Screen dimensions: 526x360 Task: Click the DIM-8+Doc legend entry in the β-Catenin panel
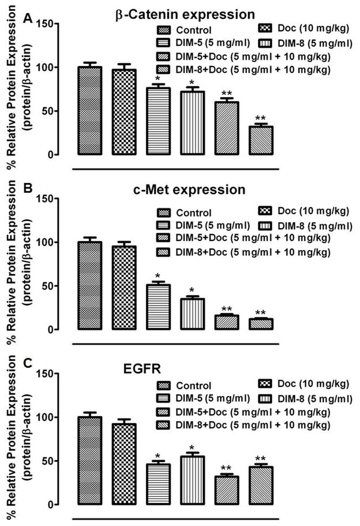pos(252,69)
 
